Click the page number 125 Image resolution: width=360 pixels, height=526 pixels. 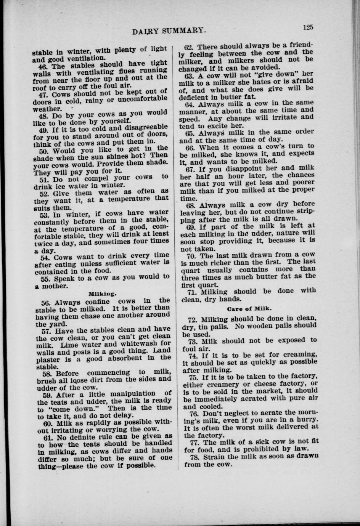(308, 27)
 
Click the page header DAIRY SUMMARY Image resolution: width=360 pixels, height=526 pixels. (170, 30)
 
